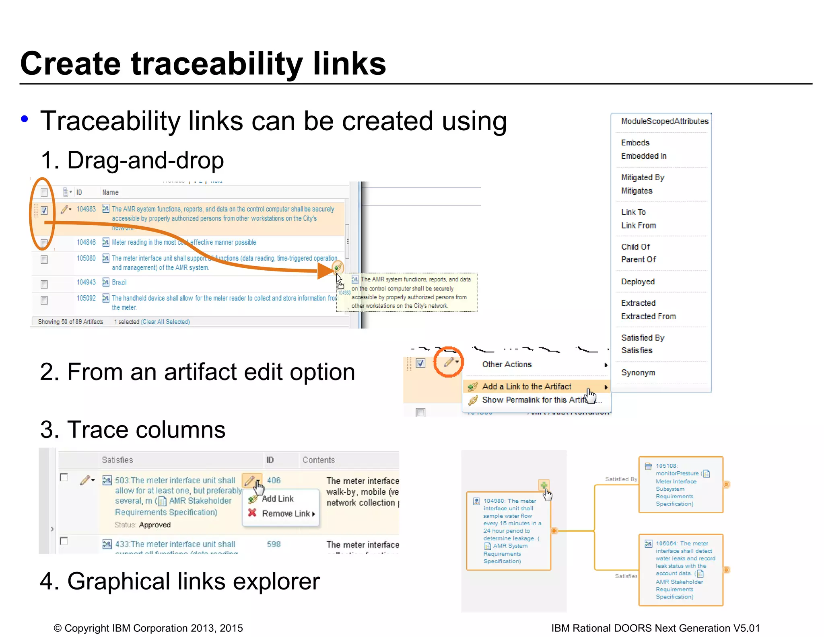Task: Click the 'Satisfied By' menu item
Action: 643,338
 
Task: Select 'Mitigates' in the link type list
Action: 637,191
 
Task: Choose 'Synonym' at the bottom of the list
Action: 638,372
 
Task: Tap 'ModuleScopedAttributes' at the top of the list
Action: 664,121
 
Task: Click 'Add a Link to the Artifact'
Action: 526,386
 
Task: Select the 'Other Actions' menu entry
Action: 507,364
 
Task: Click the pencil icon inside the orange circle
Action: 448,362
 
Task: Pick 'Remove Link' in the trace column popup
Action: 286,514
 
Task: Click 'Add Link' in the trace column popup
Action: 277,499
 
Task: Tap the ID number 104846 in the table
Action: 86,242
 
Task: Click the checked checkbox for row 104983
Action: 44,210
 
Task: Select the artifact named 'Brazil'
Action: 119,282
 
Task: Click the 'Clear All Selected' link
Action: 165,322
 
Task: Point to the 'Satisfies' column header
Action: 117,460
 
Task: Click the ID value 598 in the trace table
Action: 274,544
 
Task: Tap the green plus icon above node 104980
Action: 544,485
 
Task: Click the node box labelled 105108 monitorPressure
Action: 680,485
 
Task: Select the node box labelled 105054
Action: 680,569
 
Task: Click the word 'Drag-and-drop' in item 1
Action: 145,160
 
